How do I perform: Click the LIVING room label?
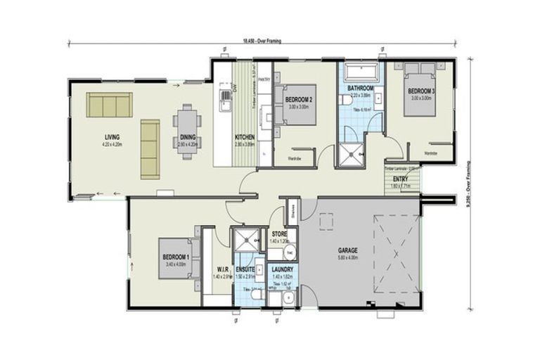click(x=111, y=136)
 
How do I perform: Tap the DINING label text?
click(x=188, y=137)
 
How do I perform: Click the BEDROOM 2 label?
click(x=300, y=99)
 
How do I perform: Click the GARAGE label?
click(x=347, y=250)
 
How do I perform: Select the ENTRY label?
click(x=401, y=179)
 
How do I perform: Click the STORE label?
click(x=279, y=233)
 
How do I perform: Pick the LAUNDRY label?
click(x=280, y=269)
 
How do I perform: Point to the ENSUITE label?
click(x=246, y=269)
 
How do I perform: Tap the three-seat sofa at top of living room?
click(x=109, y=105)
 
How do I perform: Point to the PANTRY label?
click(x=264, y=80)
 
